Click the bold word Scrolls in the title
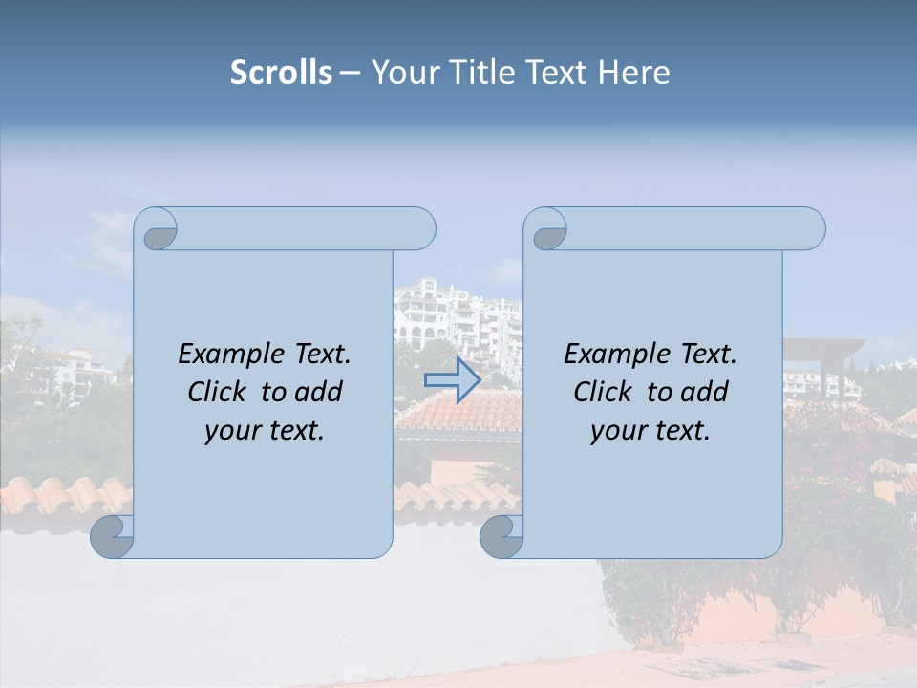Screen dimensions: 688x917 point(281,73)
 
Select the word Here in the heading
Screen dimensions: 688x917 point(634,73)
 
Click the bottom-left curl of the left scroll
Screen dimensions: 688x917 point(113,537)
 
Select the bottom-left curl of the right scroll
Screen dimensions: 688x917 point(501,537)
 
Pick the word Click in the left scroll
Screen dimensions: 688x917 point(217,393)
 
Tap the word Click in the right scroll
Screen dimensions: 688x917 point(603,393)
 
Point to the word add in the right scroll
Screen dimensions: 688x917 point(704,393)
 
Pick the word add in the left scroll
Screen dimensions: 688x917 point(318,393)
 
